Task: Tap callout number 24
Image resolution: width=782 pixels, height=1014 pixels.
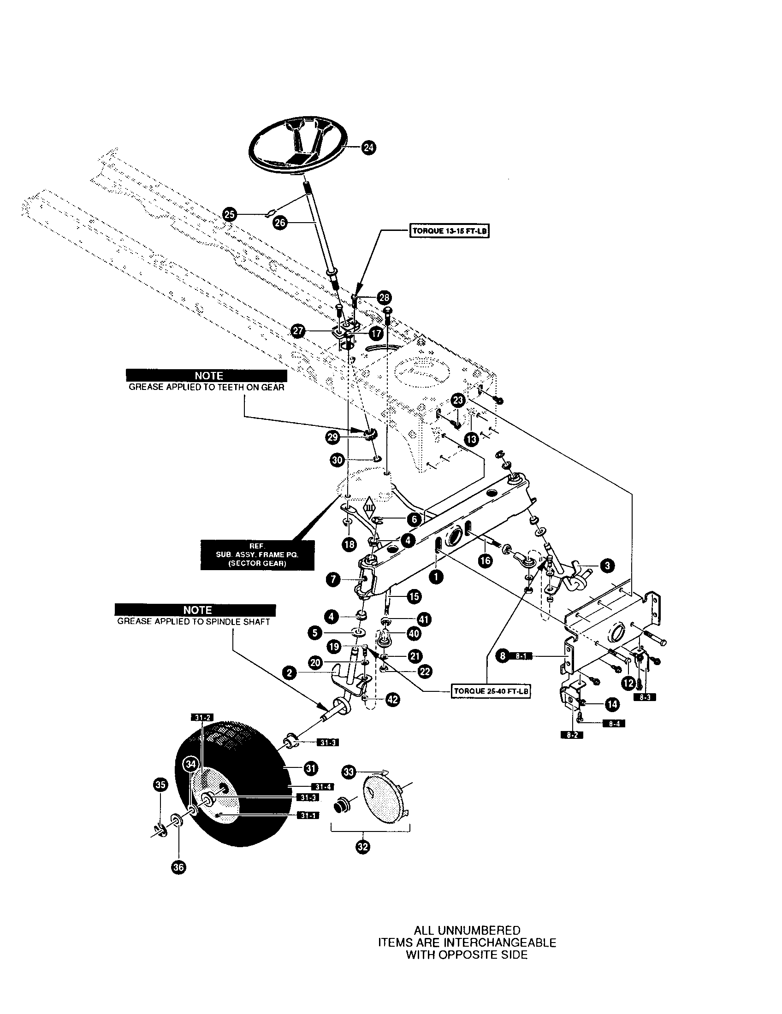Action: [369, 147]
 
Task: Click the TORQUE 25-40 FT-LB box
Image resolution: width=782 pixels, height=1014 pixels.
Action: [492, 691]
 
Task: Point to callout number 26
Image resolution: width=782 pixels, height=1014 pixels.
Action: [280, 223]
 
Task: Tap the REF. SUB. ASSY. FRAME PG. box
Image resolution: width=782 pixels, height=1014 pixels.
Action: [257, 555]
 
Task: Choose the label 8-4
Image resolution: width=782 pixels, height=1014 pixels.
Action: [613, 723]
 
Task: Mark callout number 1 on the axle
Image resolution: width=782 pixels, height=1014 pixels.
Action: [436, 577]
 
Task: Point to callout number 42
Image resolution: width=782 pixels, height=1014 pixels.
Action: [392, 699]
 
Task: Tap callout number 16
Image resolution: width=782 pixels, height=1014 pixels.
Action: [485, 560]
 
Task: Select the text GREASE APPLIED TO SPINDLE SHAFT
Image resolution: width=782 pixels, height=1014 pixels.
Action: [194, 622]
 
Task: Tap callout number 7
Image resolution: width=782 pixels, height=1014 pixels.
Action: [334, 579]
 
